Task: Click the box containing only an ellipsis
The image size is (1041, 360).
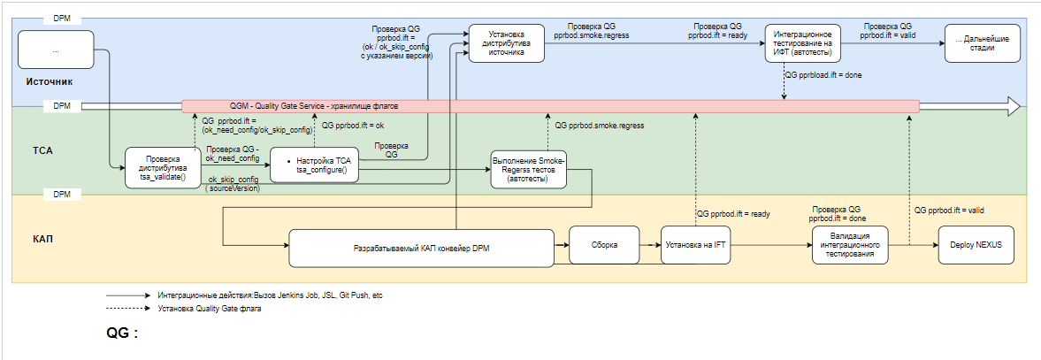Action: [55, 50]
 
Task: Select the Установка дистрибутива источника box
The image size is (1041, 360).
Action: [506, 42]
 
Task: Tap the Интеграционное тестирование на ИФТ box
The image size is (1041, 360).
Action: [802, 42]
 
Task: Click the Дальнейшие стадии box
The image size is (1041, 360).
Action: [982, 42]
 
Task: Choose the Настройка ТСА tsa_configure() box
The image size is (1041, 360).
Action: [315, 165]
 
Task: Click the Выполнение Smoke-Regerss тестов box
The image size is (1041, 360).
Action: [527, 167]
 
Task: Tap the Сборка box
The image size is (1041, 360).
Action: [604, 243]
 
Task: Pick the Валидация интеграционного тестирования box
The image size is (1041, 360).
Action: [850, 244]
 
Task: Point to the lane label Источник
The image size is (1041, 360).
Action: [50, 81]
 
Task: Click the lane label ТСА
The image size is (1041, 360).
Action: [43, 150]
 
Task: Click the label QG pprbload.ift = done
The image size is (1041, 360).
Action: [824, 75]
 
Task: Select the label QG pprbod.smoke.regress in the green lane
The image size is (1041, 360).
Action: [600, 126]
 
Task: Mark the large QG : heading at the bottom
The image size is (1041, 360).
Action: [123, 333]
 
